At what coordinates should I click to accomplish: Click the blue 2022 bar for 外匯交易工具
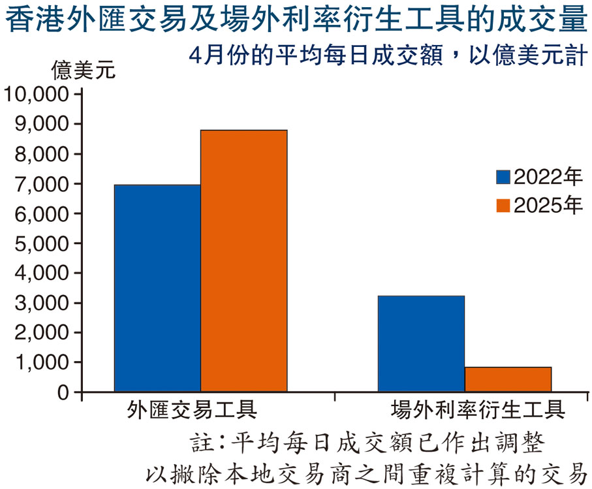(157, 288)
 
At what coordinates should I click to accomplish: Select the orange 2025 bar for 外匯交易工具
(243, 260)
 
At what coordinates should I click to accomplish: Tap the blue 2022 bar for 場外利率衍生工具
(421, 343)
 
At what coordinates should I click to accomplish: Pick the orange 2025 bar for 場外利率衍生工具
(508, 379)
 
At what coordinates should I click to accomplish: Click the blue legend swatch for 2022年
(503, 177)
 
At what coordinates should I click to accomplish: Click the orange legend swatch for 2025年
(503, 206)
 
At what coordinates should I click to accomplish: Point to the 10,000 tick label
(37, 95)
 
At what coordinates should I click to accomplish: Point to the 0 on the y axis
(63, 392)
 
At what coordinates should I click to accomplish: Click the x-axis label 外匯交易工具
(192, 410)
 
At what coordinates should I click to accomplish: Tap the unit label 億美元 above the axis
(83, 70)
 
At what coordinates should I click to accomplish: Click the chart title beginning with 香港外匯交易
(296, 20)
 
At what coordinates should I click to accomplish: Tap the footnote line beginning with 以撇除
(366, 471)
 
